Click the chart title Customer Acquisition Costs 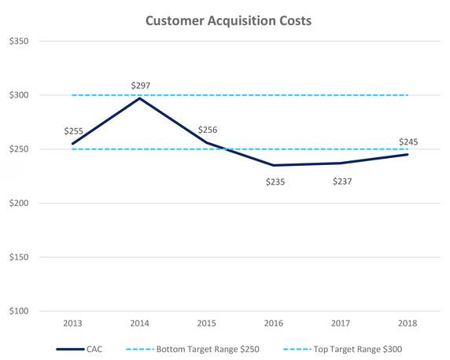[228, 20]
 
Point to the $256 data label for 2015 [208, 130]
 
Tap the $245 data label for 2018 [408, 141]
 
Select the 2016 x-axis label [274, 323]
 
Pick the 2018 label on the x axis [408, 323]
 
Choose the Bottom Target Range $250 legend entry [206, 348]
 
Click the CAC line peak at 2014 [139, 98]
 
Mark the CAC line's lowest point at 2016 [274, 165]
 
